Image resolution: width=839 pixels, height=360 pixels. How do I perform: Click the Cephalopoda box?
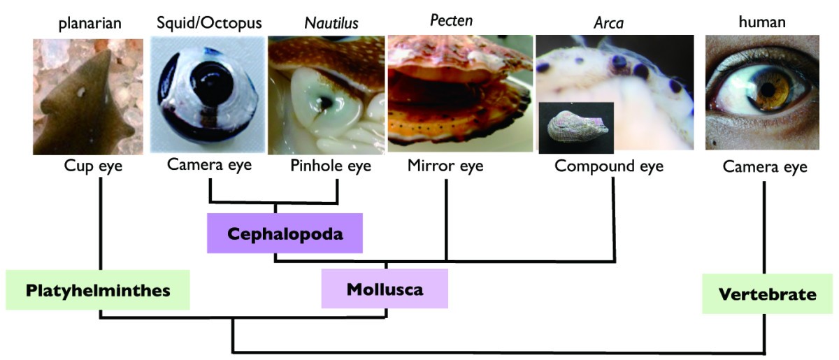pos(285,233)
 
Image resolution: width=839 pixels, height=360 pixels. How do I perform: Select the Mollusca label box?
pos(385,289)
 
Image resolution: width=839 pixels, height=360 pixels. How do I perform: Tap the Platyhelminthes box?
pos(98,290)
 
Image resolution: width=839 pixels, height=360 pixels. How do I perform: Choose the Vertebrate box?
pos(767,294)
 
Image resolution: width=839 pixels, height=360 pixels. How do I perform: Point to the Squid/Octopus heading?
pos(208,23)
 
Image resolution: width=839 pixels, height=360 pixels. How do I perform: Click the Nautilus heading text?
pos(331,23)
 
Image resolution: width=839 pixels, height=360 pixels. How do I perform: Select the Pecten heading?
pos(451,21)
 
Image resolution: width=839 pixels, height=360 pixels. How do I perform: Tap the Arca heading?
pos(608,23)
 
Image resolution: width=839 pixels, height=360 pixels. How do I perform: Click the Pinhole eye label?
pos(330,166)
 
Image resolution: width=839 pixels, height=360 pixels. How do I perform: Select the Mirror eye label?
pos(445,166)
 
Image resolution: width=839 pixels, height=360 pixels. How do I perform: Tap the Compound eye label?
pos(609,167)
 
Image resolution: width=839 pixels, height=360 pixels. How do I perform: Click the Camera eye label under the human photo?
pos(765,167)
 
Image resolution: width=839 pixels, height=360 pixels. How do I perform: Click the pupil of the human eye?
pos(768,89)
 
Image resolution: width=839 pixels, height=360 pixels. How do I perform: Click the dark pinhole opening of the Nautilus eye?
pos(325,103)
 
